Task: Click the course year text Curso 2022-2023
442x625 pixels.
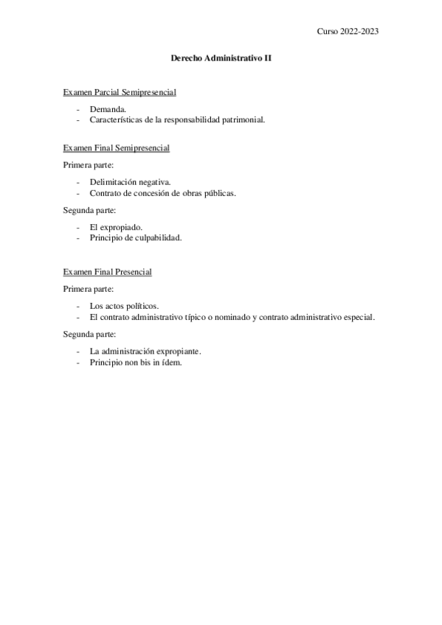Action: tap(348, 31)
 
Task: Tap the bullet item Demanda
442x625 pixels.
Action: tap(108, 108)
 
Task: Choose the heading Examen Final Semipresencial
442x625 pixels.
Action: tap(117, 148)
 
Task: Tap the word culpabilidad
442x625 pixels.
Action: tap(154, 238)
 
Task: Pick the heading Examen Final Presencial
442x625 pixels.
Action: tap(108, 272)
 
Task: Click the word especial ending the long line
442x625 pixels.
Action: tap(357, 317)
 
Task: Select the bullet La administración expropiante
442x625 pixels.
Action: tap(145, 351)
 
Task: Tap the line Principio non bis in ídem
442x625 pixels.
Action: tap(135, 362)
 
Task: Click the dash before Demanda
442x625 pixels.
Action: tap(78, 108)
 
